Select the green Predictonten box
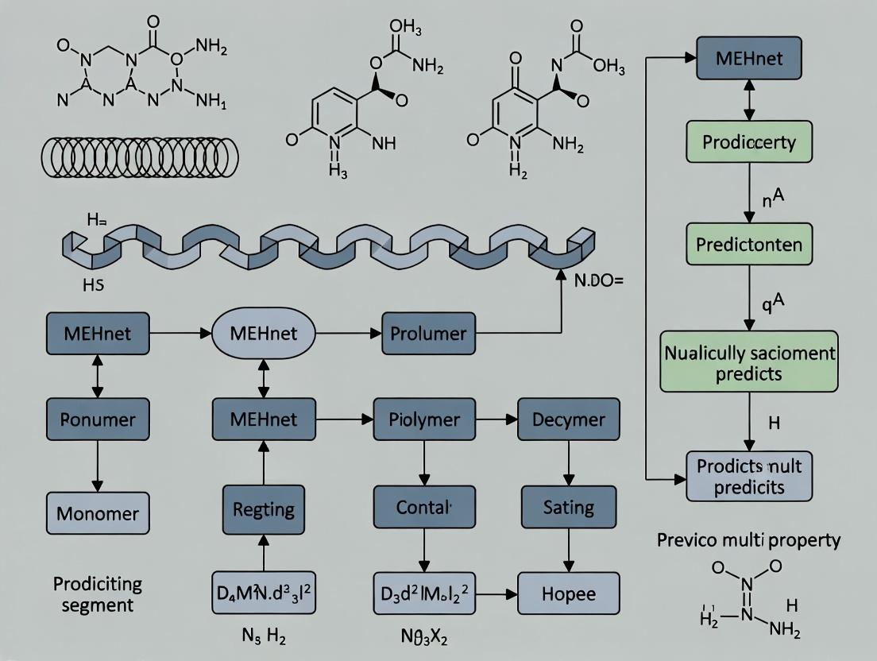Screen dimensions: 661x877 point(749,244)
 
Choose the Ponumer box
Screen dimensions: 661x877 point(98,419)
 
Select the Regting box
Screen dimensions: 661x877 point(263,508)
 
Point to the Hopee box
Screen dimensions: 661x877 point(567,593)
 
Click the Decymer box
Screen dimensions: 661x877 point(567,419)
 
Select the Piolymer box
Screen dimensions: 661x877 point(423,419)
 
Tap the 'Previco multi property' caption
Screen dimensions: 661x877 point(748,540)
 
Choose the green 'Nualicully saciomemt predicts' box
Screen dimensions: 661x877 point(749,361)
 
